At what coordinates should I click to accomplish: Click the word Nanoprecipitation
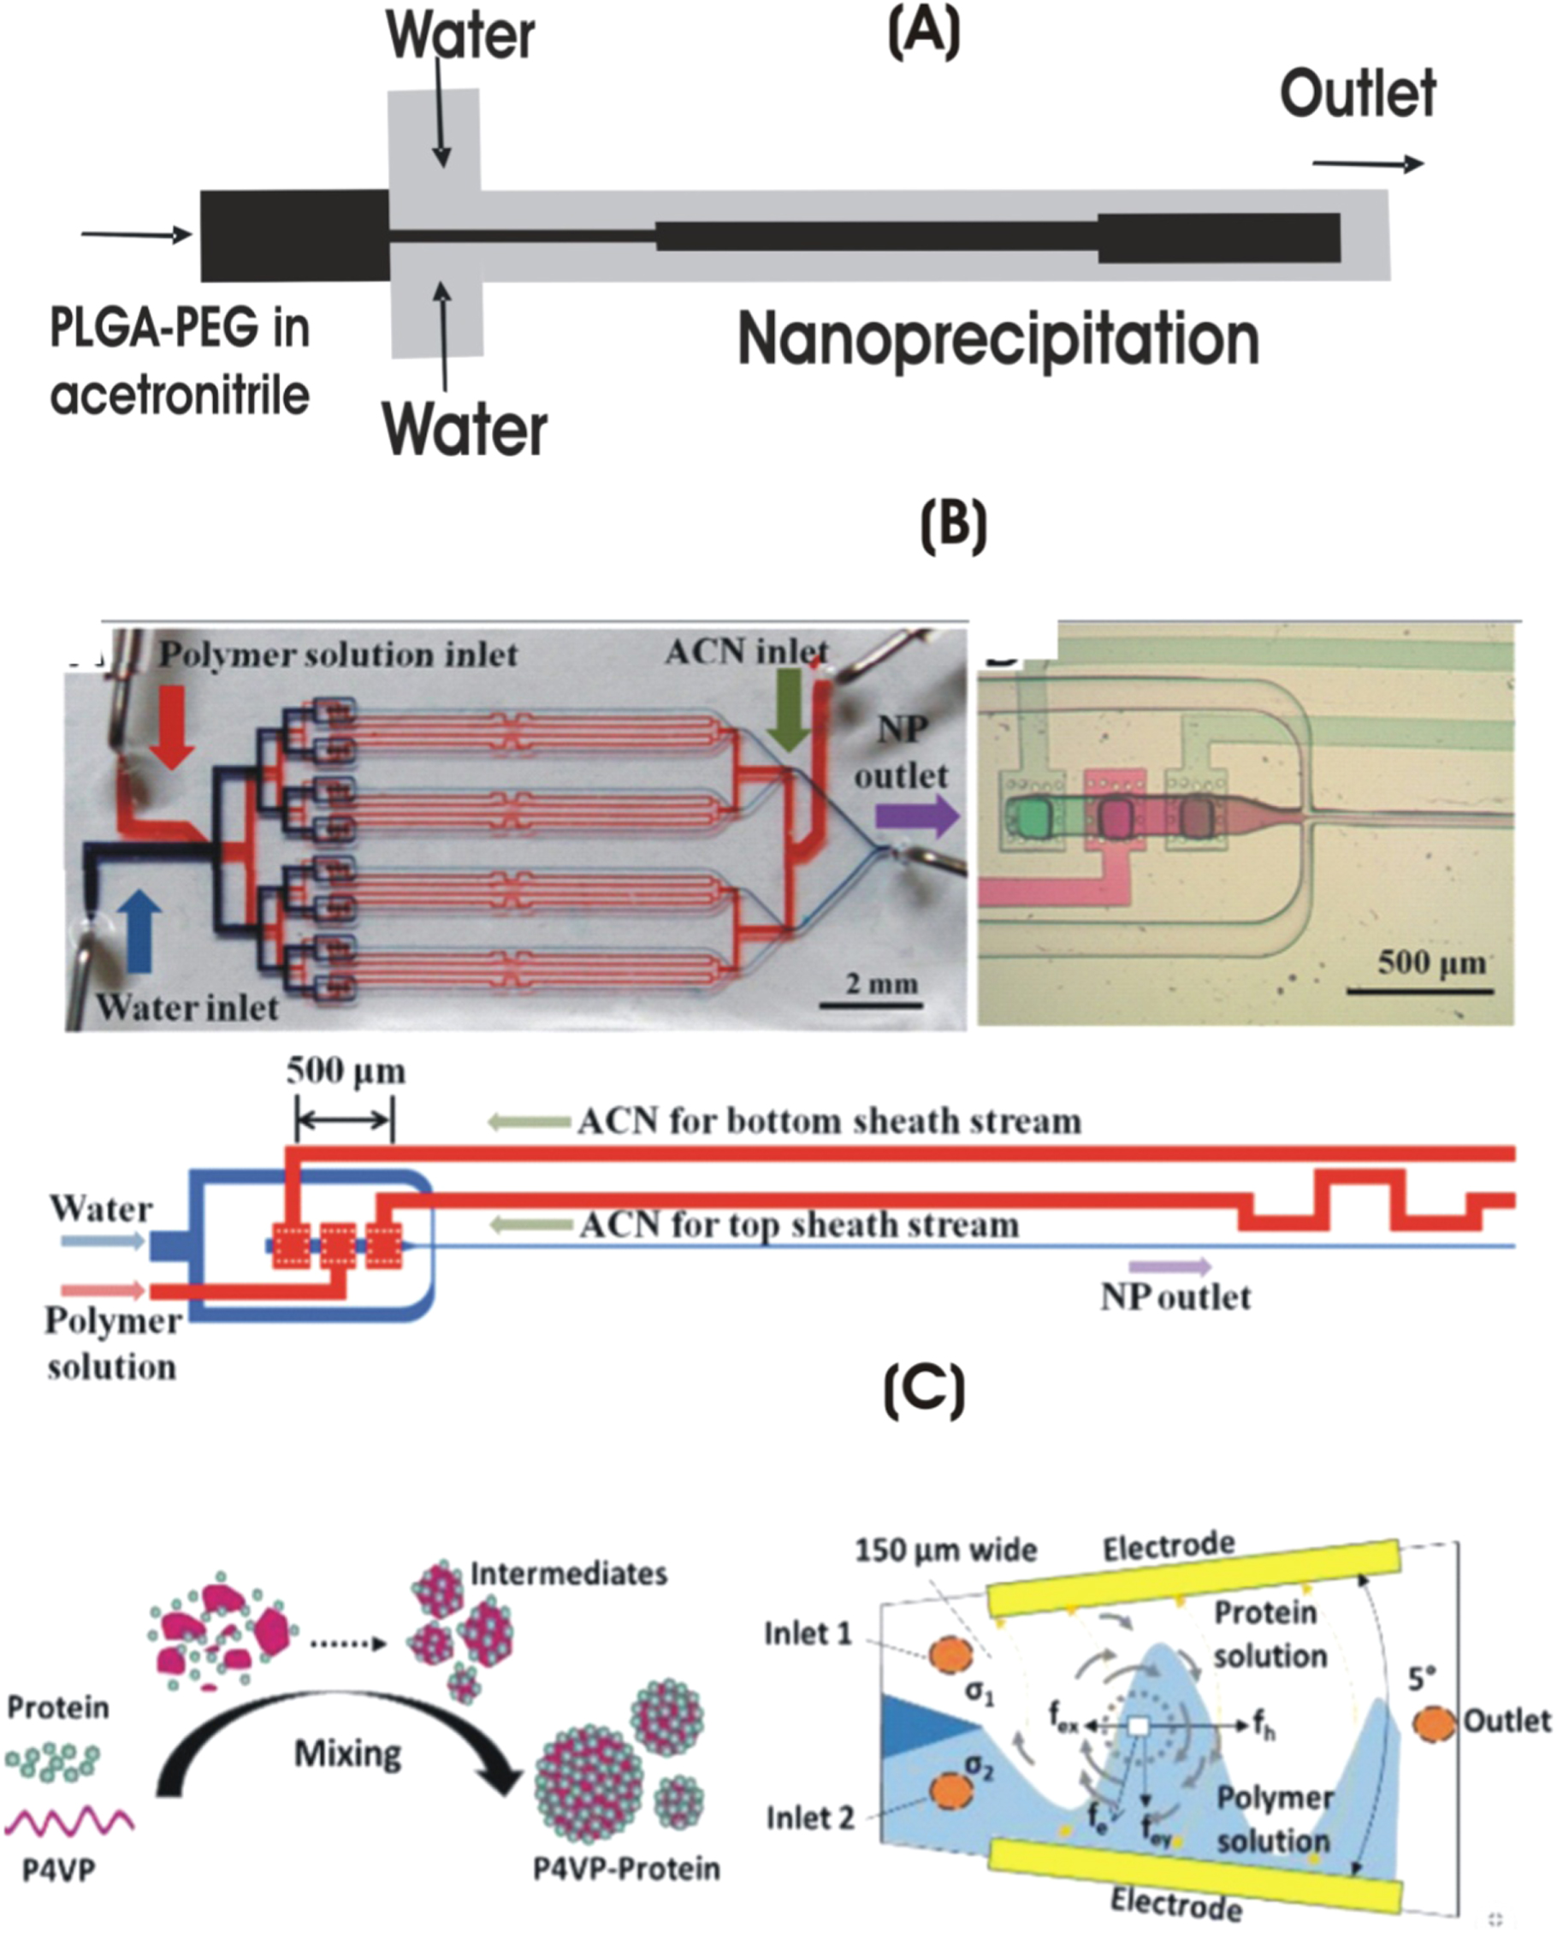click(x=998, y=340)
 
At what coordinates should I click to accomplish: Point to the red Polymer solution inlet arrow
click(x=171, y=726)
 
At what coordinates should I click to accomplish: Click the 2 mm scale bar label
click(x=881, y=984)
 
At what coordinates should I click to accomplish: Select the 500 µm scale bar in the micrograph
click(x=1420, y=990)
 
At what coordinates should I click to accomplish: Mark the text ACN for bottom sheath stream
click(x=829, y=1121)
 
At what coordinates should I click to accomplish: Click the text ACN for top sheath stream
click(x=798, y=1224)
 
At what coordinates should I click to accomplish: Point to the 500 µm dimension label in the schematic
click(x=346, y=1071)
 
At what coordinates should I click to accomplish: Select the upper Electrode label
click(x=1168, y=1545)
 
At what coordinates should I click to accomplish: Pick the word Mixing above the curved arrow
click(x=347, y=1752)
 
